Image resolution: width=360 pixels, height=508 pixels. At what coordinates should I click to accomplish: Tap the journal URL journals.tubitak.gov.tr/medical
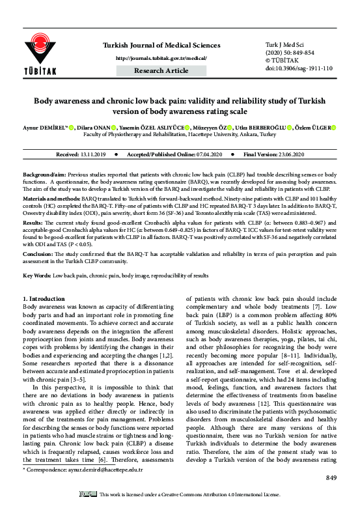[161, 57]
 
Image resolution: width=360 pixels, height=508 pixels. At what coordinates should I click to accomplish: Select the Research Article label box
[161, 70]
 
